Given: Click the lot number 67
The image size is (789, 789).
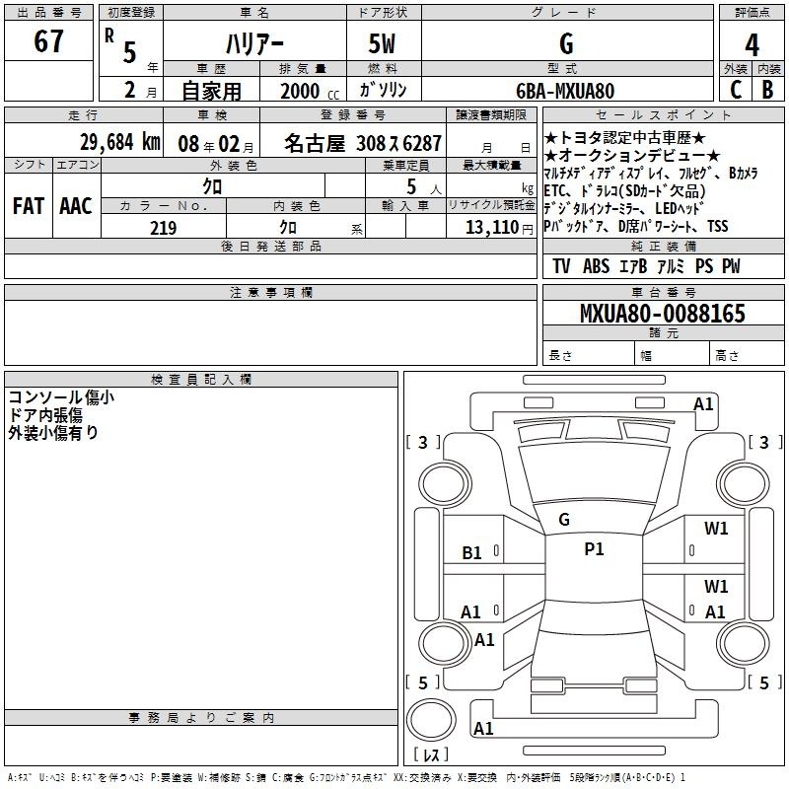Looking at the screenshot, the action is (48, 40).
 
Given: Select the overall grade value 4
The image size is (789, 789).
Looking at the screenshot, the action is (752, 45).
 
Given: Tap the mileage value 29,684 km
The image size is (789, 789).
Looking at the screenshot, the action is (120, 142).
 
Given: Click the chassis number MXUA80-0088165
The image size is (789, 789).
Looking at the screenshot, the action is (663, 313).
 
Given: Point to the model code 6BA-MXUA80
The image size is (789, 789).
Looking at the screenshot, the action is (565, 91).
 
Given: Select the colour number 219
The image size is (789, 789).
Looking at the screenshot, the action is (163, 228).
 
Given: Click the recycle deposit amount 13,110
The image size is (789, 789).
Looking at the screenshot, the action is (492, 228).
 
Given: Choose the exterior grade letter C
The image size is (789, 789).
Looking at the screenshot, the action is (736, 90).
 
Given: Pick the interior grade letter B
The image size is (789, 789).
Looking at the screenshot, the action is (767, 90).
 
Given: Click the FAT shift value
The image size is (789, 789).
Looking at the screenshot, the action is (29, 206).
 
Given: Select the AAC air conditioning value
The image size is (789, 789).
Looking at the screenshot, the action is (76, 206).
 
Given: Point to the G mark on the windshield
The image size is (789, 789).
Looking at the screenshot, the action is (564, 520).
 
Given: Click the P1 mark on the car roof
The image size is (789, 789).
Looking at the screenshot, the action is (594, 549).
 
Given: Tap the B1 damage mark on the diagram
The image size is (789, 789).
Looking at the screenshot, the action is (471, 553).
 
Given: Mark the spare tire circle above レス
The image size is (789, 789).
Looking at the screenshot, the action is (431, 720).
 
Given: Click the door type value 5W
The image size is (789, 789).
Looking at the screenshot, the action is (382, 43).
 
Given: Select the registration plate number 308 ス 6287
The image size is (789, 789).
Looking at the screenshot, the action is (398, 143).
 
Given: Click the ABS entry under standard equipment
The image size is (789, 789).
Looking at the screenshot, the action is (596, 265).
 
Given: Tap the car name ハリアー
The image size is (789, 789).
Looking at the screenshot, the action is (254, 43).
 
